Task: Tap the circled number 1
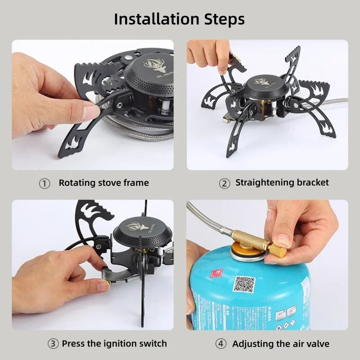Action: coord(44,183)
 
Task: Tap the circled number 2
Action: coord(224,183)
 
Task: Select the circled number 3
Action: coord(53,344)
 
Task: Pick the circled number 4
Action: coord(220,344)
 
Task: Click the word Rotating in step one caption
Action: coord(77,183)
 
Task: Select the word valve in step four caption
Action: coord(317,344)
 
